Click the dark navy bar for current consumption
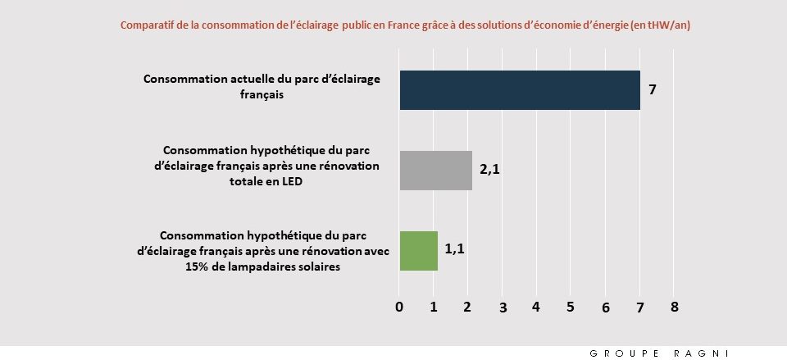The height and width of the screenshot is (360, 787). [x=519, y=90]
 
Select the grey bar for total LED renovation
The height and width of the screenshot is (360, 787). [x=435, y=171]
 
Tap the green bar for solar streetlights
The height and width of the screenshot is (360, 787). [x=418, y=250]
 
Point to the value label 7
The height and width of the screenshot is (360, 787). [x=652, y=90]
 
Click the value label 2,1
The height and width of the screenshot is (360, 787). [x=489, y=171]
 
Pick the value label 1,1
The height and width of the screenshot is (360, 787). [x=455, y=248]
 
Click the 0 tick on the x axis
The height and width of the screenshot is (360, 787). [x=399, y=307]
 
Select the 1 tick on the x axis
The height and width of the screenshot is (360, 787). [x=434, y=307]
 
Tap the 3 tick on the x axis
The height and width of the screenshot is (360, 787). [x=503, y=308]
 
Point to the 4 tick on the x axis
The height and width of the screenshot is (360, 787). [x=536, y=307]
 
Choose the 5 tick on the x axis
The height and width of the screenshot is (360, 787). [x=571, y=307]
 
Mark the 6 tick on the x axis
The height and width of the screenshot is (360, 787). [x=605, y=308]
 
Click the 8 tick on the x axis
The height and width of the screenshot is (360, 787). [x=674, y=307]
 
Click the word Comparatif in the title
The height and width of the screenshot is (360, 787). [x=147, y=25]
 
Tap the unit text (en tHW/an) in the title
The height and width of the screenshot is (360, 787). [x=661, y=25]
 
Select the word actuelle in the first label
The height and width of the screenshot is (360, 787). [x=248, y=80]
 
